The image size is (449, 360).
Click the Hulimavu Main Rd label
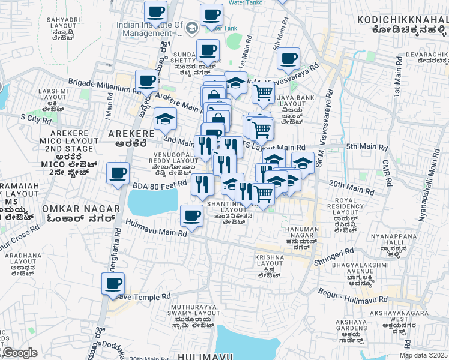[x=152, y=228]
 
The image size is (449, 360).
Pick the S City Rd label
[x=35, y=118]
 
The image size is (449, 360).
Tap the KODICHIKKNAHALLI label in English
[x=402, y=20]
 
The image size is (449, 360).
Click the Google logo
[x=20, y=353]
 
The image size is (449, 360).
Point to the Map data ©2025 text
[x=423, y=355]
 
